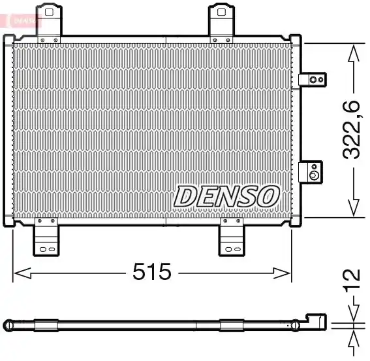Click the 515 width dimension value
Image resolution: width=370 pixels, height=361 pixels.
[x=152, y=271]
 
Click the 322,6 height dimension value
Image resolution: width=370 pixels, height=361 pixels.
[x=351, y=129]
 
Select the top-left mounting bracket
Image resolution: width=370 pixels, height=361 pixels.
[x=49, y=23]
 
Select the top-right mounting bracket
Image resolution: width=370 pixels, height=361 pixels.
[x=221, y=23]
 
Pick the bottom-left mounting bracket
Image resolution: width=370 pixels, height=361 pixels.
[x=46, y=237]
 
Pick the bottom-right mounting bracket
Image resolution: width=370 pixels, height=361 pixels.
[x=232, y=237]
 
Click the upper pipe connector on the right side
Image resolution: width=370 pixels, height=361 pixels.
[x=313, y=79]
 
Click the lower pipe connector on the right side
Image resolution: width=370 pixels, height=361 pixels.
[x=311, y=172]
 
